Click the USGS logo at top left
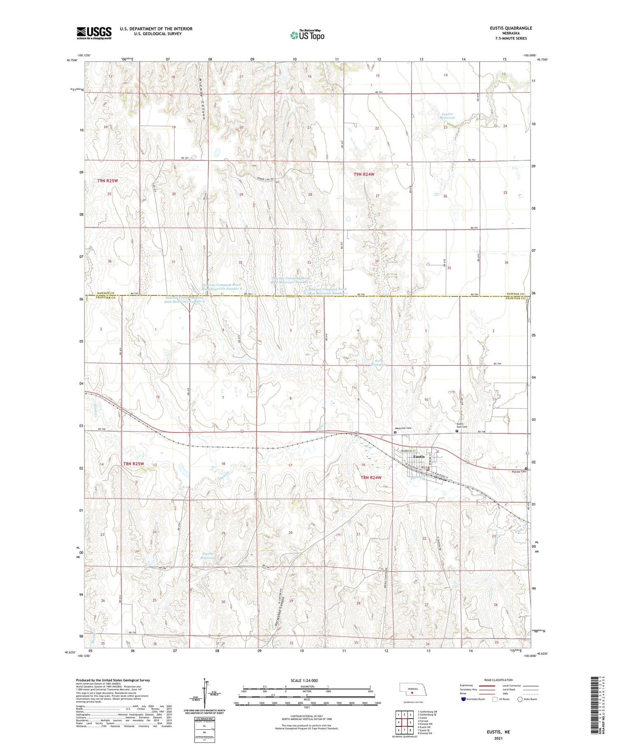(x=94, y=33)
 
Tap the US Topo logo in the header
(x=307, y=35)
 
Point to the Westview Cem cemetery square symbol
(x=395, y=433)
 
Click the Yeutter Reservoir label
(x=447, y=116)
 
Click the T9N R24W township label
(x=364, y=174)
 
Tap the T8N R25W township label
(x=134, y=464)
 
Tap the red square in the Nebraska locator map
(x=412, y=693)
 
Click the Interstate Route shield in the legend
(x=463, y=699)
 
